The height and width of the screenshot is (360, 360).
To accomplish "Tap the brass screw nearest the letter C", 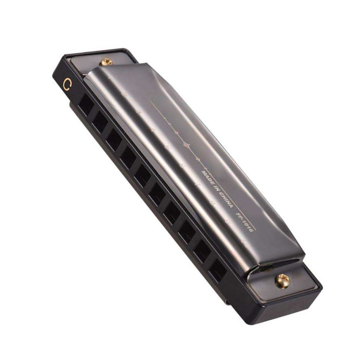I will (x=105, y=62).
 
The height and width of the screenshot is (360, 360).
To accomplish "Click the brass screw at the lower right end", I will (x=282, y=281).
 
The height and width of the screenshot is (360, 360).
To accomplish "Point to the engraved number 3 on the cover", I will (x=139, y=112).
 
